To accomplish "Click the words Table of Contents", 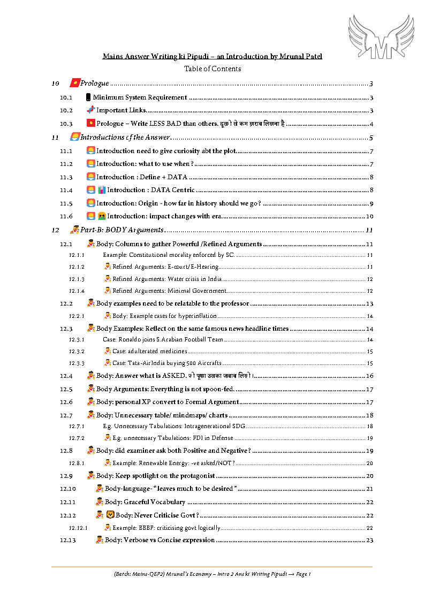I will (x=212, y=69).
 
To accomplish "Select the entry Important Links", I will (x=121, y=111).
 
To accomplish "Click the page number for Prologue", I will (x=371, y=84).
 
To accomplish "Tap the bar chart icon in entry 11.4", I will (x=102, y=190).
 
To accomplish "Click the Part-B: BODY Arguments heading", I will (x=122, y=230).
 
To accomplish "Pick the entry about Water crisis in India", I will (x=167, y=279).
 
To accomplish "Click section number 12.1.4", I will (x=77, y=291).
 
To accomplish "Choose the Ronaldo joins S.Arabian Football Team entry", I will (x=163, y=339).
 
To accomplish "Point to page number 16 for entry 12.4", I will (x=369, y=376).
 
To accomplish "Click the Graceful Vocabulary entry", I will (x=145, y=502).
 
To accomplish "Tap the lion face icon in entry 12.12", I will (x=110, y=515).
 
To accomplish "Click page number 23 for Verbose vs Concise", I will (x=369, y=540).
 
